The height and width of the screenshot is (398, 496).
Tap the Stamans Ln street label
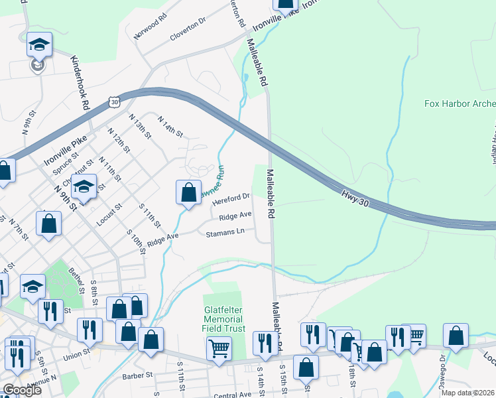(225, 233)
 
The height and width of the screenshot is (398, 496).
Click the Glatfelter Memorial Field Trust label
(224, 320)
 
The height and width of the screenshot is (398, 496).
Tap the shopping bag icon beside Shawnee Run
(188, 192)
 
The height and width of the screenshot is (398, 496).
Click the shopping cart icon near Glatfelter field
(219, 348)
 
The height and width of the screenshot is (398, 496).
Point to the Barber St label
(137, 375)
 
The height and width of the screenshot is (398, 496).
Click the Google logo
(21, 390)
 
